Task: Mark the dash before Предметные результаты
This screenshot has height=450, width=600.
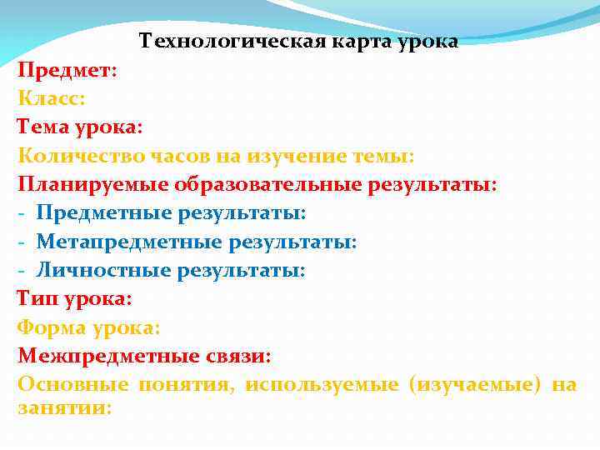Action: click(x=22, y=212)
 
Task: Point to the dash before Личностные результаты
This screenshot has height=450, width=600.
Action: click(x=22, y=270)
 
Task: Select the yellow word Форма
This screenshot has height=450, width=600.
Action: click(x=51, y=327)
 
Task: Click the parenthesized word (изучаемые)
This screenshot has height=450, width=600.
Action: click(x=475, y=384)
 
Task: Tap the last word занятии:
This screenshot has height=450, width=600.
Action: click(x=64, y=407)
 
